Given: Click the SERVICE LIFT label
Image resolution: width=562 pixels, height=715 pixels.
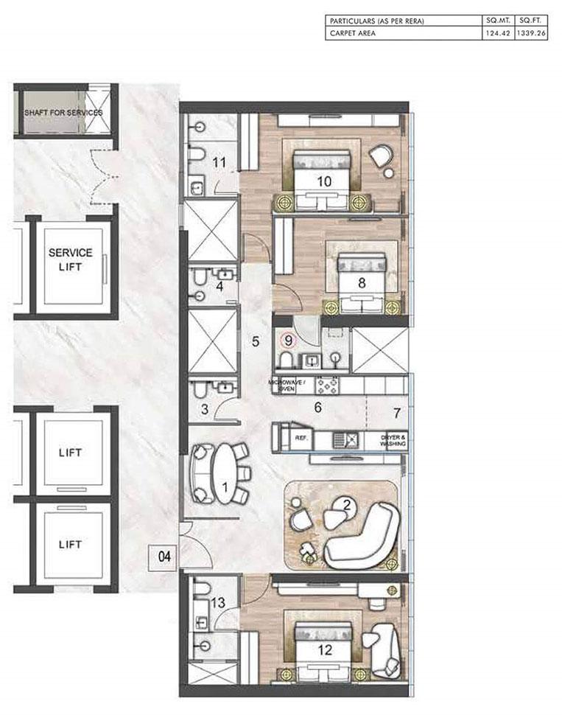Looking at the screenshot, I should pyautogui.click(x=70, y=259).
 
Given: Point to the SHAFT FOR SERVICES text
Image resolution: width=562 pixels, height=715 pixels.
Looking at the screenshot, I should pyautogui.click(x=63, y=113).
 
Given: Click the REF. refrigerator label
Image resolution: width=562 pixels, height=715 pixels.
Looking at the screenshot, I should pyautogui.click(x=301, y=437).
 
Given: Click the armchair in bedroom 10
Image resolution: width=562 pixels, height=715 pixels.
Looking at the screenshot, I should pyautogui.click(x=382, y=156).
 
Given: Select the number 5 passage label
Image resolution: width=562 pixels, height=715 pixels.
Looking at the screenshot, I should pyautogui.click(x=255, y=341).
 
